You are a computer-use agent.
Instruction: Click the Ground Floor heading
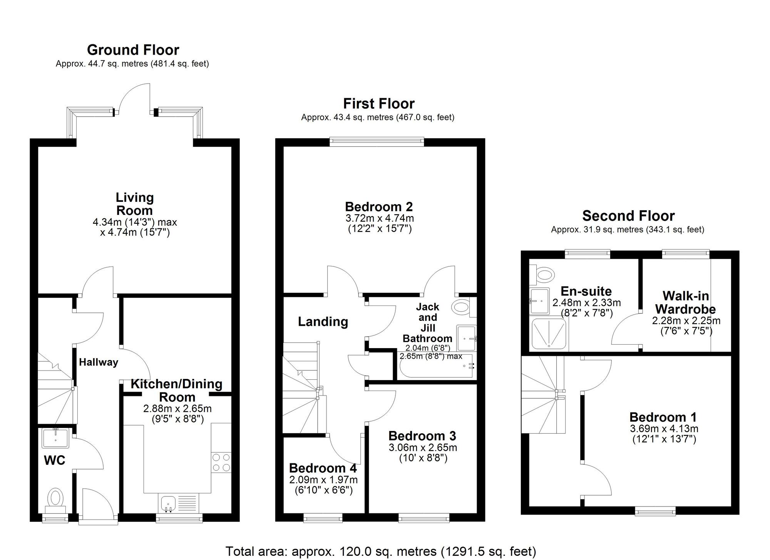click(133, 50)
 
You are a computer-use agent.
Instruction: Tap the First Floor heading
click(379, 104)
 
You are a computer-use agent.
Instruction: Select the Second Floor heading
click(628, 216)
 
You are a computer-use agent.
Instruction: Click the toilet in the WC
click(56, 498)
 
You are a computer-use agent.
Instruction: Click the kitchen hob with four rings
click(221, 462)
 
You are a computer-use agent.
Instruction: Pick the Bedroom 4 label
click(323, 468)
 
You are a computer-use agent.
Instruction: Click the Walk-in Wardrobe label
click(685, 302)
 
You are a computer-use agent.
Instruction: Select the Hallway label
click(99, 362)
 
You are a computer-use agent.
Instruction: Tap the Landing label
click(323, 322)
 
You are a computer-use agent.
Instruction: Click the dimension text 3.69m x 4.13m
click(664, 429)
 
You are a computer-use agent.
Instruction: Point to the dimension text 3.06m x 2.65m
click(423, 448)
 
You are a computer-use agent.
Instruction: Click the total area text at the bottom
click(381, 552)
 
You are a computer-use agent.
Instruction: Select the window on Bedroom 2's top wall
click(377, 142)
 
